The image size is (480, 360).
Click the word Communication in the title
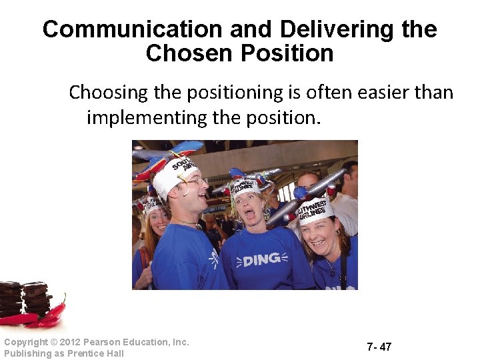point(132,29)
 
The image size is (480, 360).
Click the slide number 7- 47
point(379,347)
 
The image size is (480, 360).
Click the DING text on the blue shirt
point(261,259)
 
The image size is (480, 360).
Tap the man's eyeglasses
point(195,181)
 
